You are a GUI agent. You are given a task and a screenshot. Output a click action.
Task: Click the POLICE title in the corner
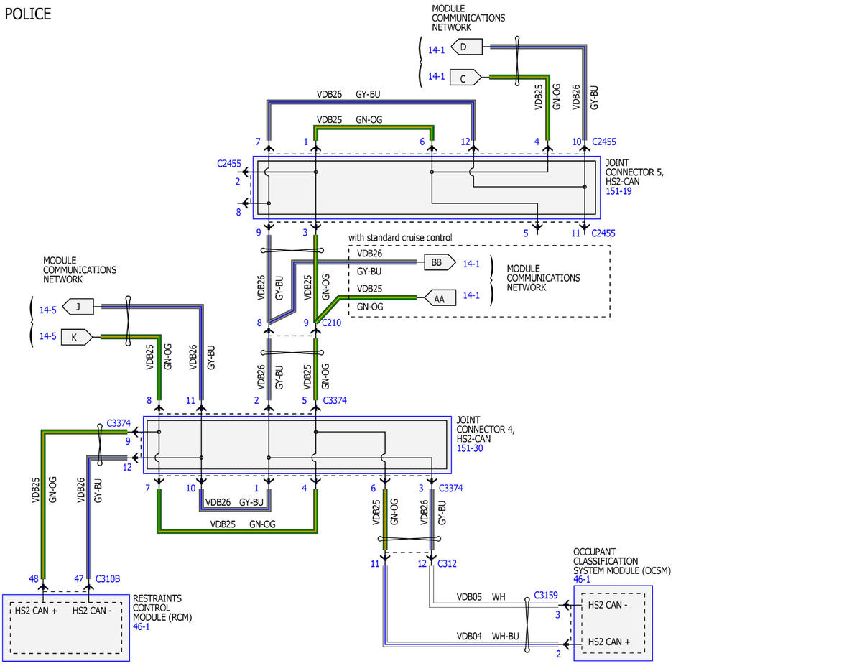pyautogui.click(x=28, y=14)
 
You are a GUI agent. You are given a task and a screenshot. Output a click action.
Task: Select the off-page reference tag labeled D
pyautogui.click(x=466, y=47)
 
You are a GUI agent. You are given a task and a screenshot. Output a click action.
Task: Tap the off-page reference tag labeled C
pyautogui.click(x=465, y=78)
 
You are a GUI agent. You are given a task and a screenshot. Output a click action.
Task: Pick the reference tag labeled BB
pyautogui.click(x=440, y=262)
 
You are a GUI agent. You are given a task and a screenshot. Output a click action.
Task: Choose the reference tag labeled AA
pyautogui.click(x=440, y=298)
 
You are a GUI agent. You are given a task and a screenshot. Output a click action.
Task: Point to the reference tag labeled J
pyautogui.click(x=78, y=307)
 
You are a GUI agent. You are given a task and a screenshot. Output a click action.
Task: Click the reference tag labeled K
pyautogui.click(x=77, y=337)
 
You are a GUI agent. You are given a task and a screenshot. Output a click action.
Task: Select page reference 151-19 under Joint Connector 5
pyautogui.click(x=618, y=191)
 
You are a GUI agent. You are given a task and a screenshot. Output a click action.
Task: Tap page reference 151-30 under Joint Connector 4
pyautogui.click(x=470, y=448)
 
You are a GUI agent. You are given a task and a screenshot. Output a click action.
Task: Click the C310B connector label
pyautogui.click(x=108, y=579)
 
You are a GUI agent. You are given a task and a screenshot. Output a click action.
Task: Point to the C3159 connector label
pyautogui.click(x=545, y=596)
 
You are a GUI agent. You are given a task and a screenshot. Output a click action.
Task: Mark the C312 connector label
pyautogui.click(x=447, y=564)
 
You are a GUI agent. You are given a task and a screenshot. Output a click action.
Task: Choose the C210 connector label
pyautogui.click(x=331, y=323)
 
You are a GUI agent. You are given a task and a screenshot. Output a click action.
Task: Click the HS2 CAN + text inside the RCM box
pyautogui.click(x=36, y=611)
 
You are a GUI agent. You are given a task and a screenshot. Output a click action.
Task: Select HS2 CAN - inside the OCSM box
pyautogui.click(x=608, y=605)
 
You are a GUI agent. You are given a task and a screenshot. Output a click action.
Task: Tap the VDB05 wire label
pyautogui.click(x=469, y=597)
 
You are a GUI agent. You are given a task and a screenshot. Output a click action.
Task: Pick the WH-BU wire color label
pyautogui.click(x=506, y=637)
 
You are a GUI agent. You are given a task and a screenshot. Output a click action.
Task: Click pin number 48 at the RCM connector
pyautogui.click(x=34, y=579)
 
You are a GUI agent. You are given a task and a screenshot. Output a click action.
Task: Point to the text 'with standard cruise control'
pyautogui.click(x=400, y=238)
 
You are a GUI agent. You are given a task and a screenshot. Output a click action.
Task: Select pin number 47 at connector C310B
pyautogui.click(x=78, y=579)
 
